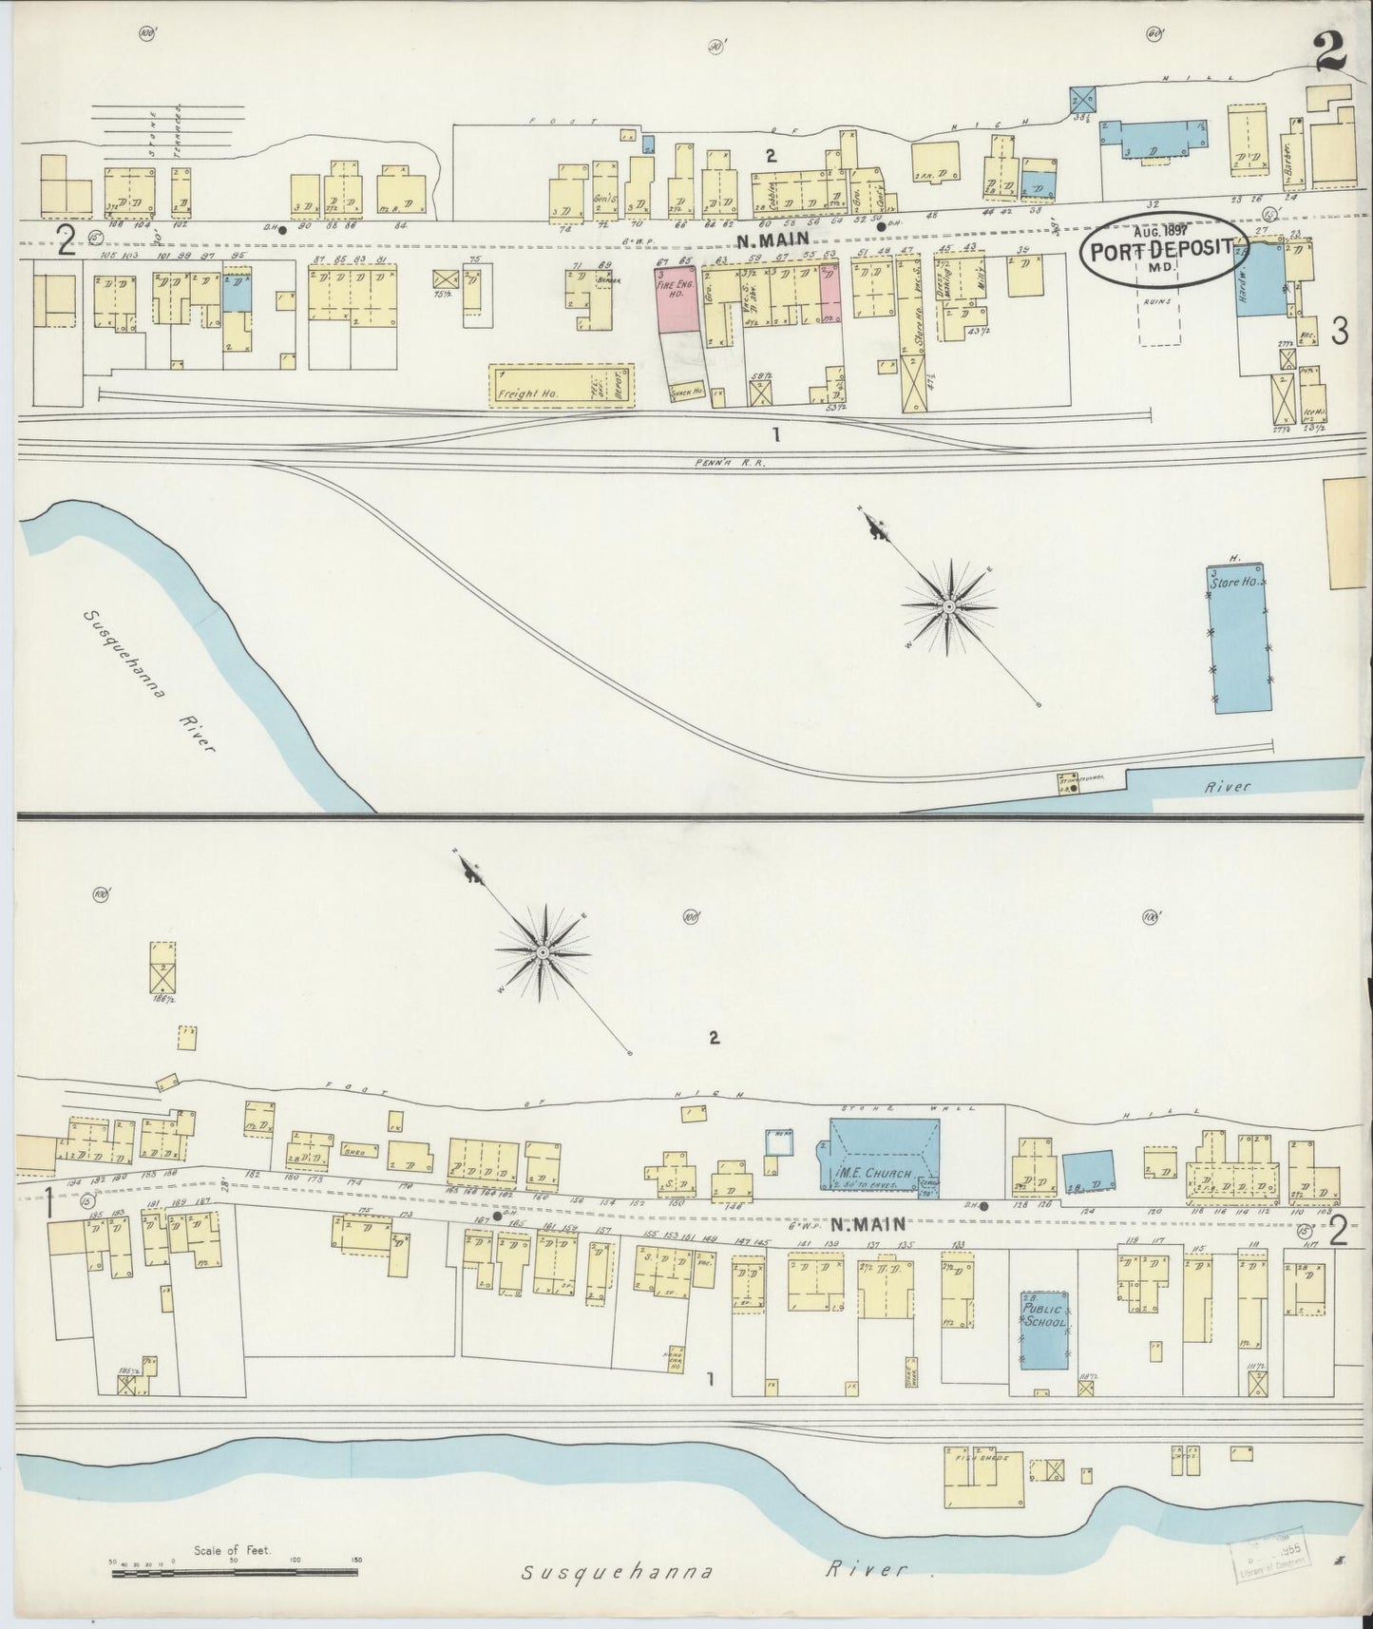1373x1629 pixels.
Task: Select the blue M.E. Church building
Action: click(x=884, y=1152)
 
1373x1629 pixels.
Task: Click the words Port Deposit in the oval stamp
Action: click(x=1160, y=251)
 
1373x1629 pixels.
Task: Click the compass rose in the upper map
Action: click(x=949, y=605)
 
